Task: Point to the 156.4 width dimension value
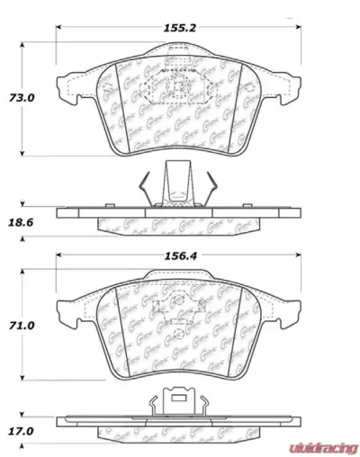point(179,255)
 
